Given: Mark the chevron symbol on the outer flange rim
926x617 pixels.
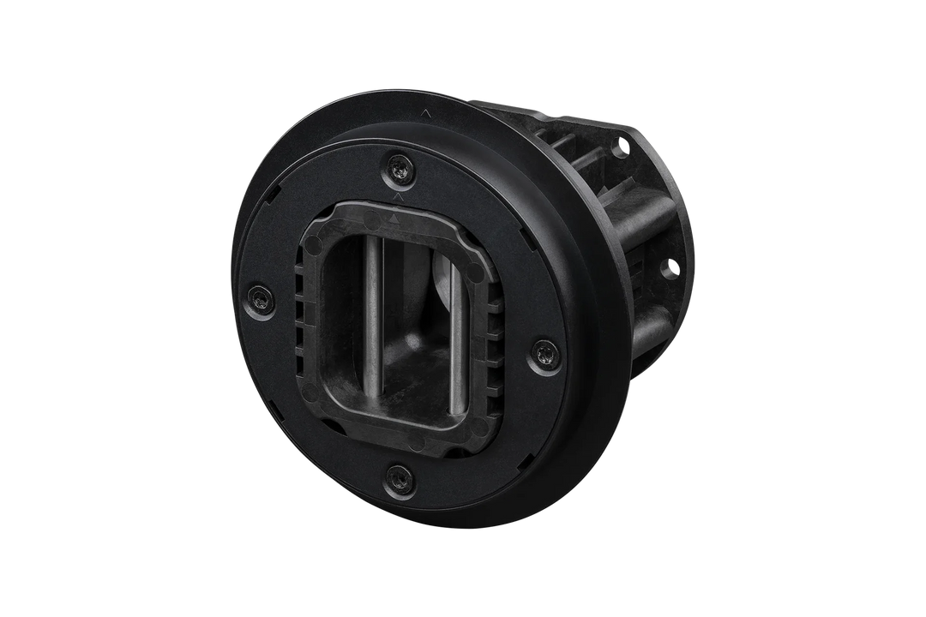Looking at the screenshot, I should (427, 112).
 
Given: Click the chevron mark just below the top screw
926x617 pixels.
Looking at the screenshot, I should (395, 196).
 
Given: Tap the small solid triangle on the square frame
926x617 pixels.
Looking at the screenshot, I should (394, 219).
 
